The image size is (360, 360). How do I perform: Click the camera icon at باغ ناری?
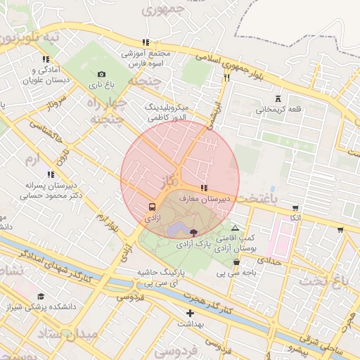(101, 75)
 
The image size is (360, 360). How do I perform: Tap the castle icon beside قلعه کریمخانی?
(276, 98)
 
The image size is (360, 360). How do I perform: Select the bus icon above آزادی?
(152, 207)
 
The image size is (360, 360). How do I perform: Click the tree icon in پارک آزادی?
(193, 233)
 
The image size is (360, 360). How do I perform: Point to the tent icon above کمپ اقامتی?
(235, 228)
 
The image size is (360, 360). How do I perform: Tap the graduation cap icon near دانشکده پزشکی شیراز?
(41, 297)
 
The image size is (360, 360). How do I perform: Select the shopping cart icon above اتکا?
(295, 208)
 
